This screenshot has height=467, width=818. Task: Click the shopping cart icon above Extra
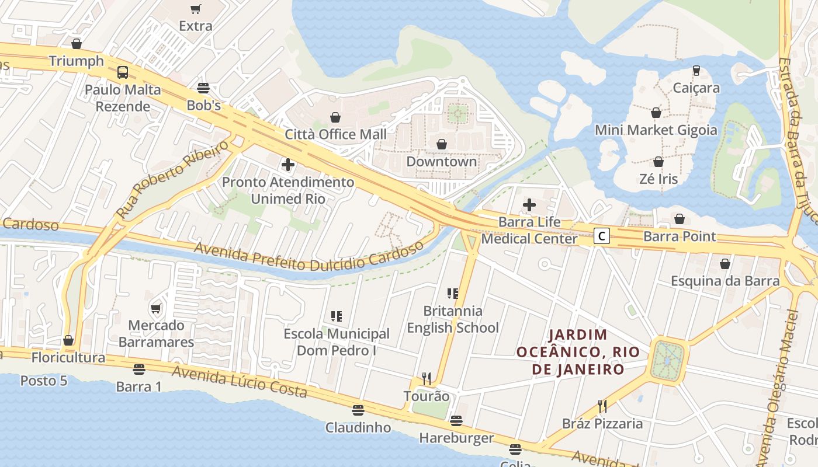click(195, 9)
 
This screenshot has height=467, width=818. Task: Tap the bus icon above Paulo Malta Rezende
click(123, 72)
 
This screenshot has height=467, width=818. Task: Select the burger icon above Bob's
click(203, 88)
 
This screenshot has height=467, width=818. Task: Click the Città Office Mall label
click(335, 134)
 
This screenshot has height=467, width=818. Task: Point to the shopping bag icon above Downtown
click(442, 144)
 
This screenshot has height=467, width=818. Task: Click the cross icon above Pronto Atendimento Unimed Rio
click(288, 165)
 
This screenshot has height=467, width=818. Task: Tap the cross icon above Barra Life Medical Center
click(529, 205)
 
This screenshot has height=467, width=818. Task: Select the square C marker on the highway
click(602, 236)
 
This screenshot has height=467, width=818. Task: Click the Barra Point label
click(679, 236)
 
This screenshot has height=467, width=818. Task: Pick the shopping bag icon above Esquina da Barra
click(725, 264)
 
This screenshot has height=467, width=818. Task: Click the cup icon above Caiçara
click(696, 71)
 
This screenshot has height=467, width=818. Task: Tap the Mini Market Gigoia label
click(656, 130)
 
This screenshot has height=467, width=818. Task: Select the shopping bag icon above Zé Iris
click(658, 162)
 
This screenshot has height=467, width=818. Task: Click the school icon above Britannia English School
click(453, 293)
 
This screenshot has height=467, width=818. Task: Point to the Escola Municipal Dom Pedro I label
click(337, 341)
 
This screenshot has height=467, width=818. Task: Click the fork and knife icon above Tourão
click(427, 379)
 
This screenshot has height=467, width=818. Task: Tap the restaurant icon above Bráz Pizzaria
click(602, 406)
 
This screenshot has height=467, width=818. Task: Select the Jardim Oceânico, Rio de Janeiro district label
click(578, 352)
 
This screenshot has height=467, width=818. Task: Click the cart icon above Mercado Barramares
click(156, 308)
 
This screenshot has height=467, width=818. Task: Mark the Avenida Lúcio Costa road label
click(240, 383)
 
